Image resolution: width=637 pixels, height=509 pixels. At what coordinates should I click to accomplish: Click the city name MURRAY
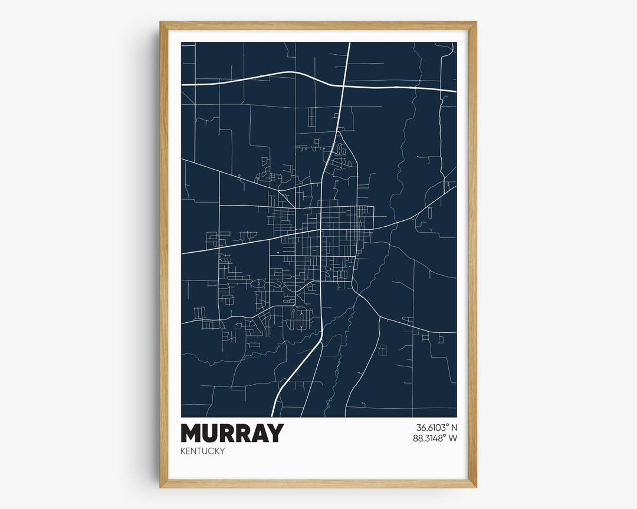232,433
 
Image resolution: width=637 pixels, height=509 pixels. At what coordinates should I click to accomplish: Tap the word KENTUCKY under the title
203,451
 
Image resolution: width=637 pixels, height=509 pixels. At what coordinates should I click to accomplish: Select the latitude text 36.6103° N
436,428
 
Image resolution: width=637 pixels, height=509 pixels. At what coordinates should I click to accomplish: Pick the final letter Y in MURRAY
274,433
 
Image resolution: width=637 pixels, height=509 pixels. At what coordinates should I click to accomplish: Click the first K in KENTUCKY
184,451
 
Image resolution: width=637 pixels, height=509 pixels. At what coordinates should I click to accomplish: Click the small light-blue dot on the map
277,254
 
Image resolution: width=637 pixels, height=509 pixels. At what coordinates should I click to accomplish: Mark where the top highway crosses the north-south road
343,86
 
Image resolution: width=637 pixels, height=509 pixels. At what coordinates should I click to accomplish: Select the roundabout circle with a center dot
258,285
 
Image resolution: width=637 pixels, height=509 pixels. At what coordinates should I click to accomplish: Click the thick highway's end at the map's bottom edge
272,416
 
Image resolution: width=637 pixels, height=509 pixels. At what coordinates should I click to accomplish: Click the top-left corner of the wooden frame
161,23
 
